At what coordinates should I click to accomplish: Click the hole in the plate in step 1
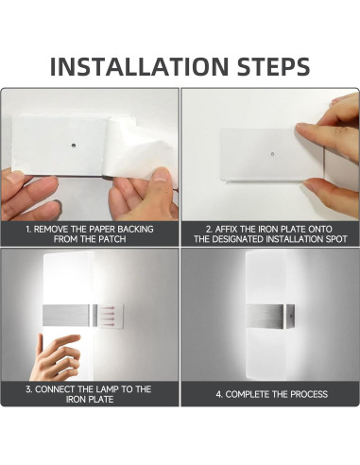point(75,147)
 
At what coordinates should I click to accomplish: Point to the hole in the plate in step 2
point(272,152)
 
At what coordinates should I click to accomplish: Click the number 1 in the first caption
point(28,229)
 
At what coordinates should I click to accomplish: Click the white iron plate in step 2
point(255,156)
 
